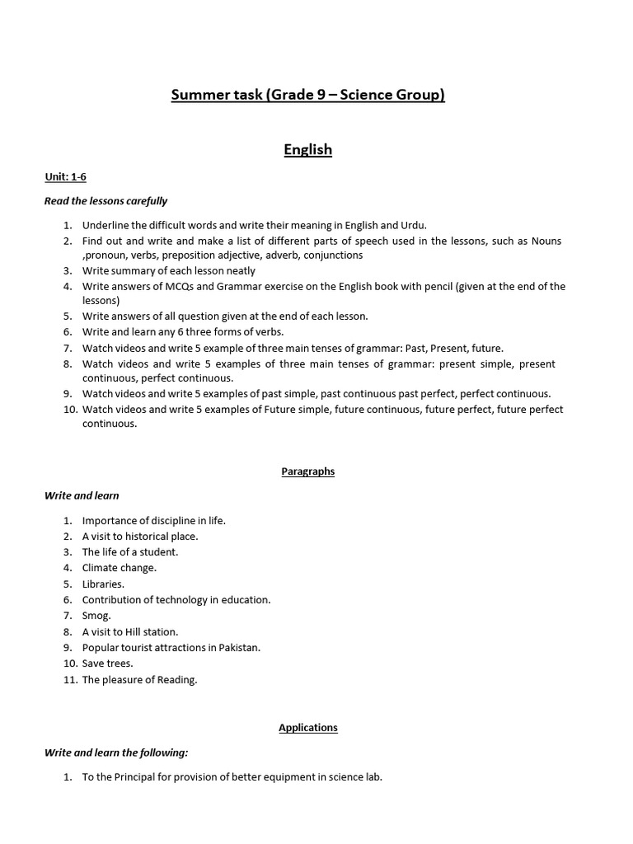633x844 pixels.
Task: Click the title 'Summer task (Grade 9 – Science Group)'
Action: click(x=307, y=95)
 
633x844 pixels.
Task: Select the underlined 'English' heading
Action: click(x=307, y=149)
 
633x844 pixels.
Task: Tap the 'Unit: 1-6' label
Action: click(x=65, y=177)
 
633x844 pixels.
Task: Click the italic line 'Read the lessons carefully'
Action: click(x=105, y=201)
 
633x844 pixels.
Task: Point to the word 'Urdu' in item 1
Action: click(x=413, y=225)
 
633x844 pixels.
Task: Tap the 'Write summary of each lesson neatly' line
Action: click(x=168, y=271)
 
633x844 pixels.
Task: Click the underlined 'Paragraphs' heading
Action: click(x=307, y=471)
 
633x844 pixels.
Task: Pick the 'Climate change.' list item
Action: click(x=119, y=568)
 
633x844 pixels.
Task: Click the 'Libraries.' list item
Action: click(x=103, y=584)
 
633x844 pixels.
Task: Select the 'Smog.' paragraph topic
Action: click(x=96, y=616)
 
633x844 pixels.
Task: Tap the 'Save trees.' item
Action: click(x=107, y=663)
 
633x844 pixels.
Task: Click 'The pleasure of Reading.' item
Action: click(x=139, y=680)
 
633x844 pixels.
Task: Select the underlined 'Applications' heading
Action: click(x=307, y=728)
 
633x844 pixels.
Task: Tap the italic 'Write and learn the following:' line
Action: click(x=116, y=753)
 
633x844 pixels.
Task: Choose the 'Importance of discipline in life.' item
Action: click(x=153, y=521)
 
